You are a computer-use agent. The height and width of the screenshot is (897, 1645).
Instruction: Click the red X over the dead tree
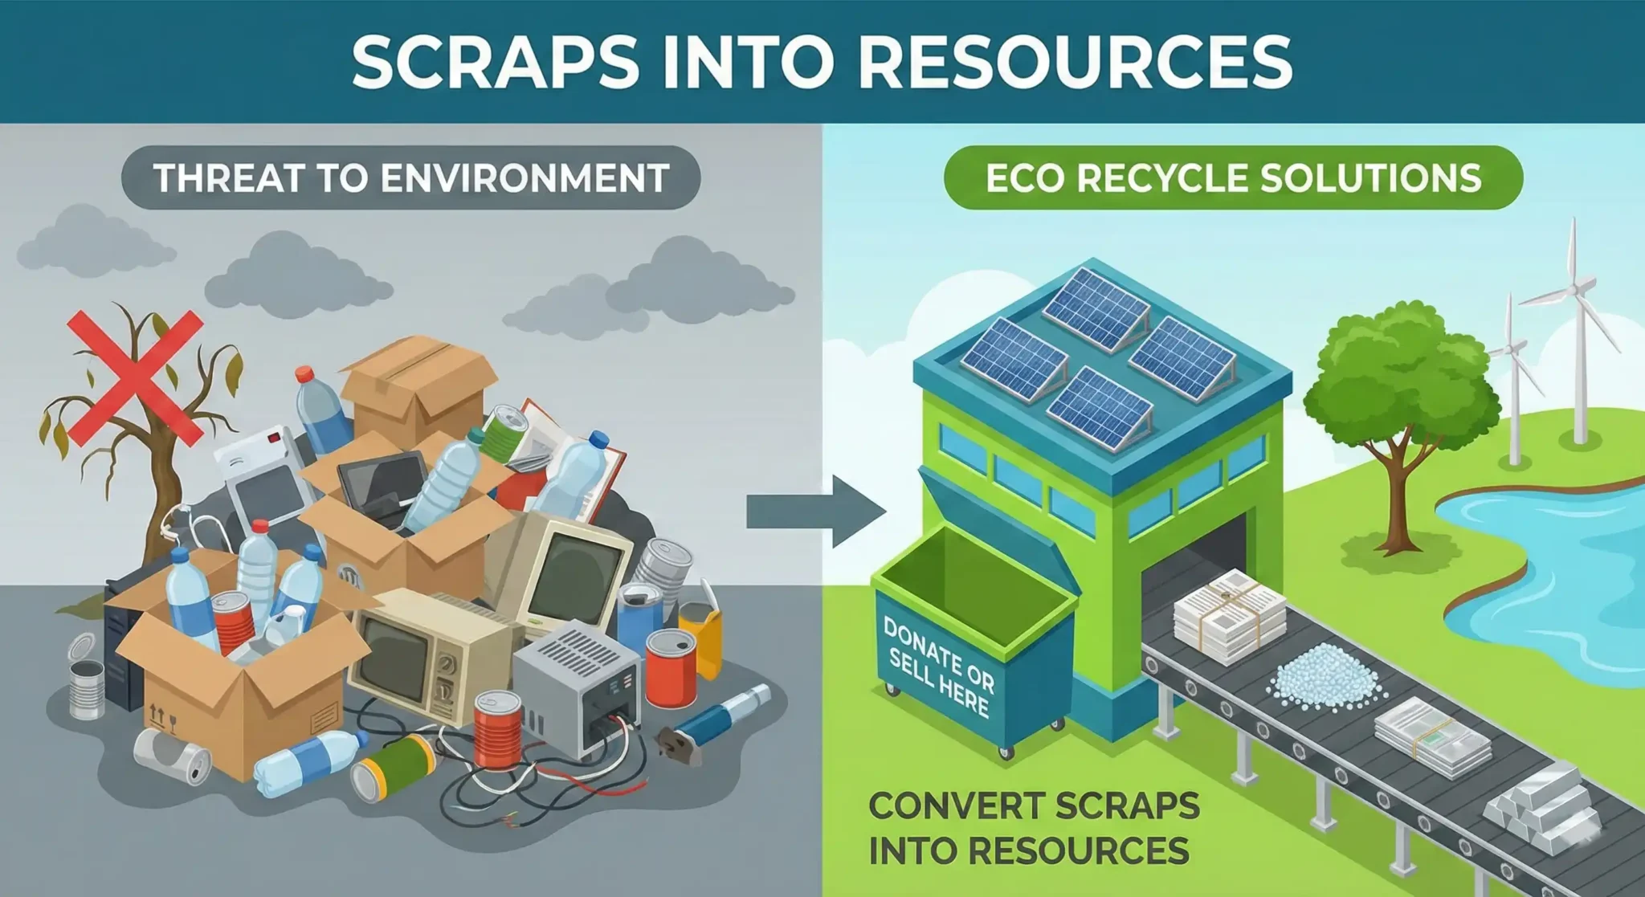135,378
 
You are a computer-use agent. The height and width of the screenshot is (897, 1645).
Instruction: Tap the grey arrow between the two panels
816,512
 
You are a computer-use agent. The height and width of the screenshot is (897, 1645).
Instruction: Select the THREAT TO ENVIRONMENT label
410,177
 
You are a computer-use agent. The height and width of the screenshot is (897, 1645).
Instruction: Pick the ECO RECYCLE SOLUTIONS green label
1233,177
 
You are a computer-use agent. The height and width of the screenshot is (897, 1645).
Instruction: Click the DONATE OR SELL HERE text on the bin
938,667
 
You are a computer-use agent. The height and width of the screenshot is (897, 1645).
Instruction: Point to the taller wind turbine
1574,321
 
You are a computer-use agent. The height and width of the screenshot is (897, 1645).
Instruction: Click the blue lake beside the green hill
1550,578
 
